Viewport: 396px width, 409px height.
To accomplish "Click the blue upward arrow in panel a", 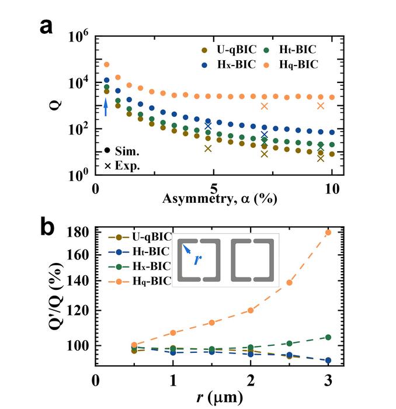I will click(x=106, y=106).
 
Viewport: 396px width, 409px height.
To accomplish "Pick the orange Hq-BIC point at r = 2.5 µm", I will click(x=289, y=283).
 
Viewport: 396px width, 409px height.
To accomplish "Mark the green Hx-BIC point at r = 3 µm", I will click(x=328, y=337).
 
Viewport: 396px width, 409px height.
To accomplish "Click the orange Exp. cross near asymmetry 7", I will click(x=265, y=106).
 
